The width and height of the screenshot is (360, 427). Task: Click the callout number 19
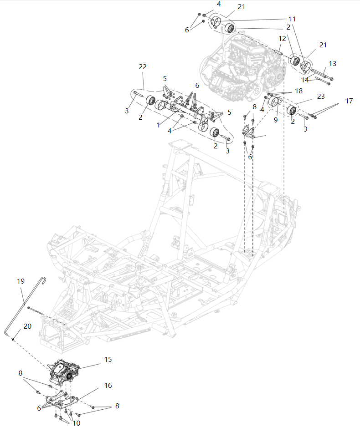(21, 281)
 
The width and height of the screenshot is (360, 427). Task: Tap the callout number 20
(27, 326)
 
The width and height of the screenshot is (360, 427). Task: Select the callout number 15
(108, 360)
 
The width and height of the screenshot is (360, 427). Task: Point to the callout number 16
(108, 386)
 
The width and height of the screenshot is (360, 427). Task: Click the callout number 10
(76, 423)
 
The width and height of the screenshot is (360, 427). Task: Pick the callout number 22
(142, 66)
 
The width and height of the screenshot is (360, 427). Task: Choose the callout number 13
(332, 63)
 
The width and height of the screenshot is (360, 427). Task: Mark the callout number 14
(305, 80)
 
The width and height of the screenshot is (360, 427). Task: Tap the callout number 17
(349, 101)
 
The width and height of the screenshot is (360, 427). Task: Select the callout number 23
(320, 97)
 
